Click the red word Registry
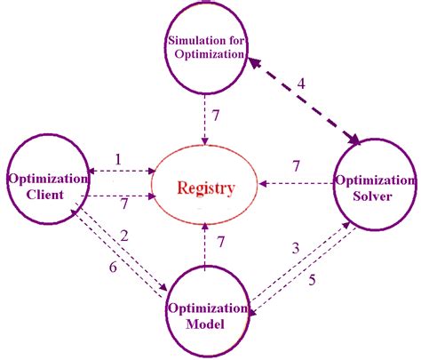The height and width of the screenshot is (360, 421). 206,188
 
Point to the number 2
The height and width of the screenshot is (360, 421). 125,236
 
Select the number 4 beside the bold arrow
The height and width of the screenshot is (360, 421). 301,84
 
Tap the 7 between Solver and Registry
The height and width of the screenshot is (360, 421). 297,166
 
